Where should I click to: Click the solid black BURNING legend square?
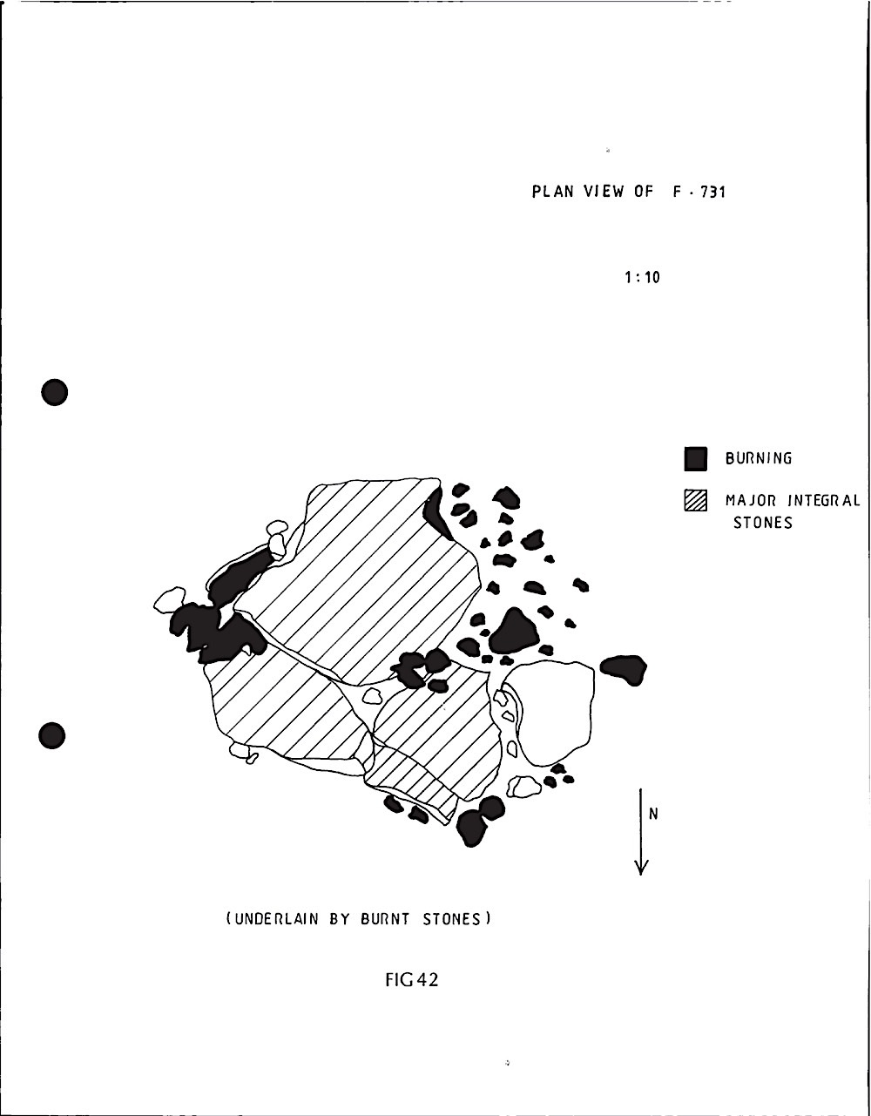click(x=694, y=458)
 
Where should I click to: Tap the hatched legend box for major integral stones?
click(x=694, y=501)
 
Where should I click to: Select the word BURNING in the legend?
click(x=759, y=459)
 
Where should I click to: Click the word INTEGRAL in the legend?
click(x=823, y=501)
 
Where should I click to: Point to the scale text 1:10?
click(x=642, y=278)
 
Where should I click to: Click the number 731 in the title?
click(x=712, y=192)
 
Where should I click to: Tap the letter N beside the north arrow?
click(x=653, y=815)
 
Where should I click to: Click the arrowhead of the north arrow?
click(x=642, y=866)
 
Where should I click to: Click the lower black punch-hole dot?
click(x=54, y=735)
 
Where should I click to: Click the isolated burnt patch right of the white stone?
click(x=625, y=668)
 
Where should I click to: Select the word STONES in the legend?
click(x=763, y=524)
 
